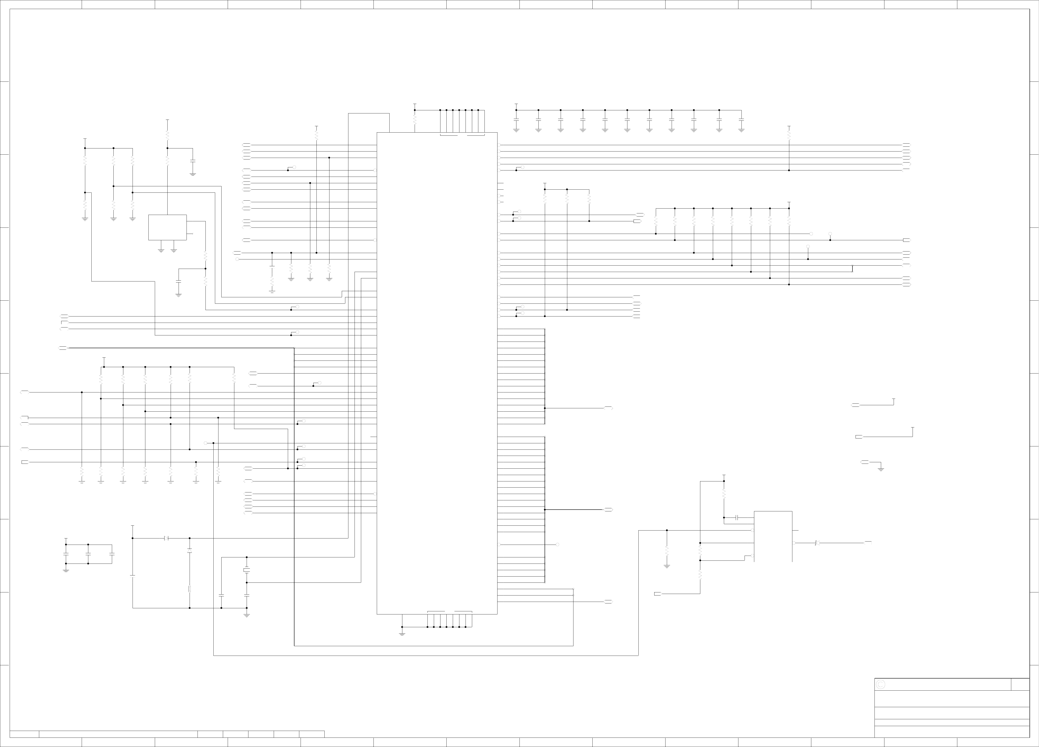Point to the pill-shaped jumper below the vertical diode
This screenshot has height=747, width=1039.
click(x=190, y=589)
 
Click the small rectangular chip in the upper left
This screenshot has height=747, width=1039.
click(x=167, y=227)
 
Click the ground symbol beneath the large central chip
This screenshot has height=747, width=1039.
click(x=402, y=634)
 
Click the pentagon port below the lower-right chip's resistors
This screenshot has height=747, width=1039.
click(x=657, y=594)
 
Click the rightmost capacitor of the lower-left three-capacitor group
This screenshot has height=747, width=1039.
click(x=112, y=554)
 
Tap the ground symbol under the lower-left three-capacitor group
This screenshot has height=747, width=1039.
click(x=66, y=570)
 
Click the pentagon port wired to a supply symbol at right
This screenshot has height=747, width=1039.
click(x=859, y=437)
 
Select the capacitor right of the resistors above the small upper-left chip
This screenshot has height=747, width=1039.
click(x=193, y=161)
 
